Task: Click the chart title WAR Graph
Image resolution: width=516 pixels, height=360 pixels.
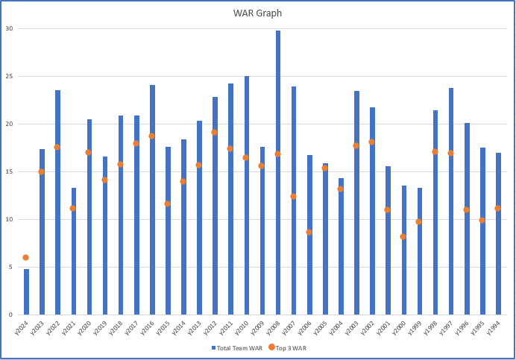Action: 257,13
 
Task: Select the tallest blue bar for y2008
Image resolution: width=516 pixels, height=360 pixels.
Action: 278,171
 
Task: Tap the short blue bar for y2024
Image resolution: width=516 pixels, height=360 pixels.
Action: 26,291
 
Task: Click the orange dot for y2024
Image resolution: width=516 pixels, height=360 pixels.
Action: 26,258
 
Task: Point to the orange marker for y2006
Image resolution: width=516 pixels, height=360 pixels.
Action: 309,232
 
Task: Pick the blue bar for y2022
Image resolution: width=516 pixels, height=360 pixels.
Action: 57,201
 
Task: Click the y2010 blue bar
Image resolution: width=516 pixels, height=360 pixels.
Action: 247,194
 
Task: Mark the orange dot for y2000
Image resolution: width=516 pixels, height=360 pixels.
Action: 403,237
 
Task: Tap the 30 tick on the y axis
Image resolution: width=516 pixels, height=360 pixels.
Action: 10,28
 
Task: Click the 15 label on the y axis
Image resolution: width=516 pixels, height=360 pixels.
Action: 10,171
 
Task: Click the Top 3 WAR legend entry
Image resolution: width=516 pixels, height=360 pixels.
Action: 286,347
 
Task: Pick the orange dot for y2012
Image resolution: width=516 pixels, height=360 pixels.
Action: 214,132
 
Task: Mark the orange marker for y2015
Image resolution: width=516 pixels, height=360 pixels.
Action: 167,203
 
